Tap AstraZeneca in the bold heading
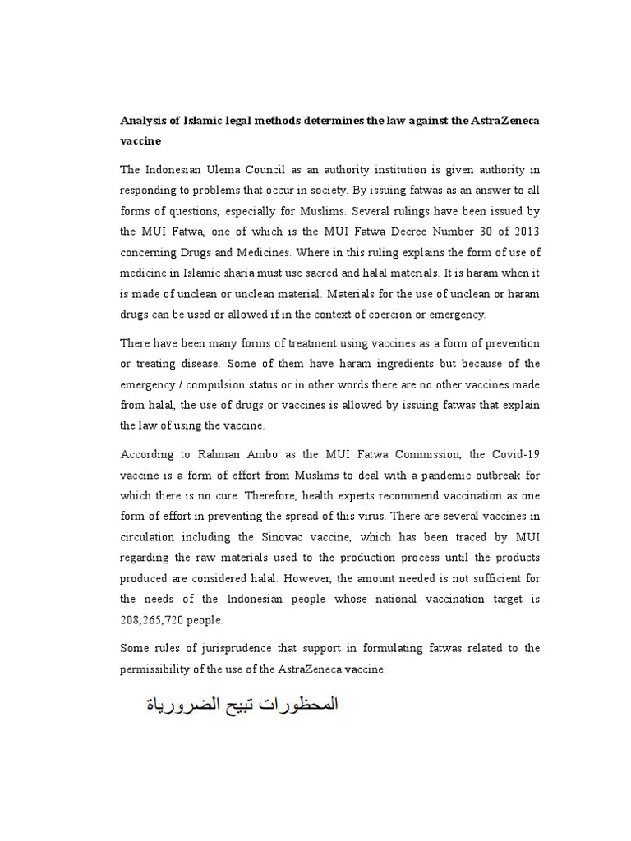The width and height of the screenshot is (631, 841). (x=504, y=121)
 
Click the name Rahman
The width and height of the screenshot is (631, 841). (x=205, y=454)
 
